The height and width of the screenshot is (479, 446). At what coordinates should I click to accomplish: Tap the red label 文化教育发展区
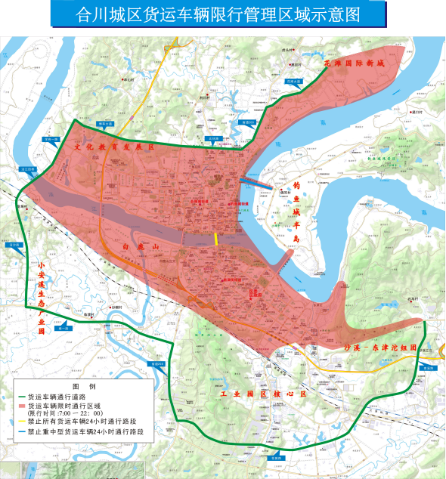[113, 148]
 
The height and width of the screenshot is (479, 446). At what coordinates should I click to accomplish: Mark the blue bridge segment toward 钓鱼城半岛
[257, 181]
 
